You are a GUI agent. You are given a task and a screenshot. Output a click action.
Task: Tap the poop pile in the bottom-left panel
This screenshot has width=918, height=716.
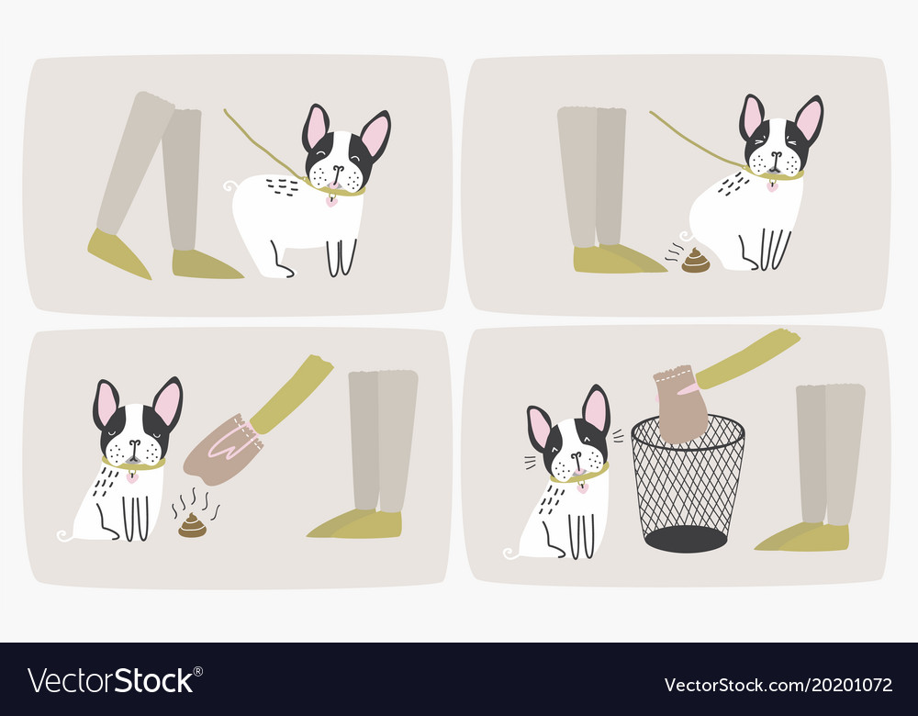coord(193,526)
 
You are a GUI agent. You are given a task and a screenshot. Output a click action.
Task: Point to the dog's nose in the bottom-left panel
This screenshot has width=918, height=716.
coord(134,446)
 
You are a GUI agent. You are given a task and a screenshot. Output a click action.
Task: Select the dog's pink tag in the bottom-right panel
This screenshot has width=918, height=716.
coord(582,487)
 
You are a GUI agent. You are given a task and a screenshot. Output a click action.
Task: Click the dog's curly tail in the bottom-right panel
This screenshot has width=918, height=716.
coord(509,553)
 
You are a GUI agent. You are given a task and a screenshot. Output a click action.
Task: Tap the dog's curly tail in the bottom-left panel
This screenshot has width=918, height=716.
coord(62,535)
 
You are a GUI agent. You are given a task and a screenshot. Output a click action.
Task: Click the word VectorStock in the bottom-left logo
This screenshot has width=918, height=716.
coord(111,681)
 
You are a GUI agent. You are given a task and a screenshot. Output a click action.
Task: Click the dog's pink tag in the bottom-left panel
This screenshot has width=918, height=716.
coord(132,476)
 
